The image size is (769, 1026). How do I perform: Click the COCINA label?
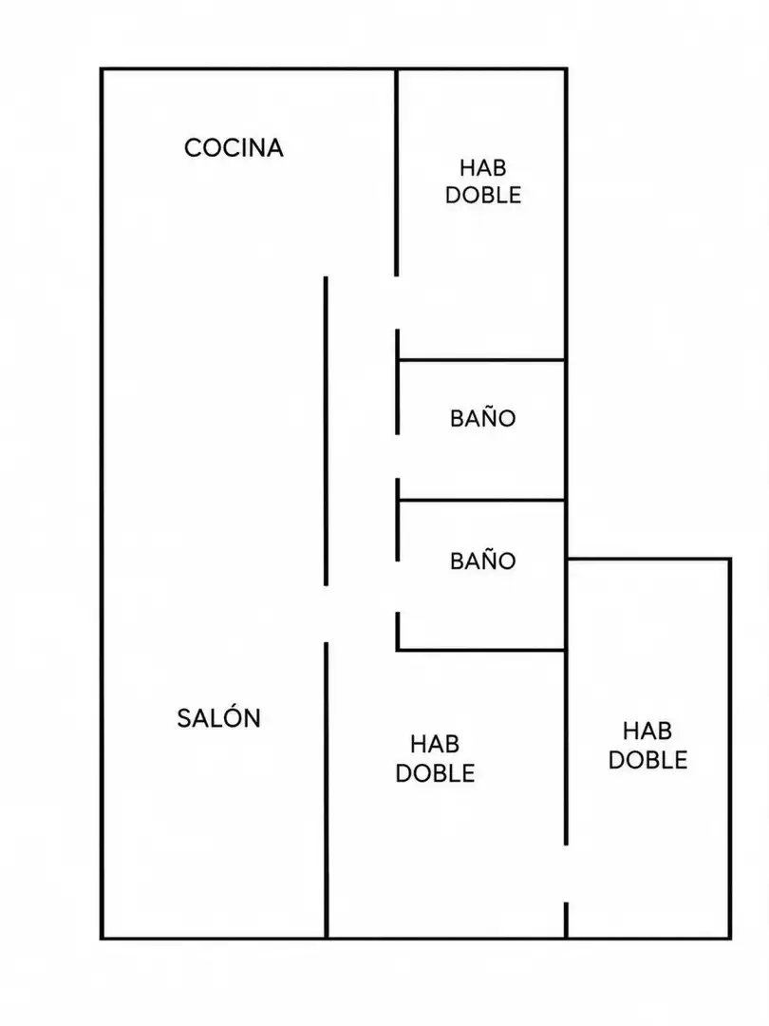click(234, 148)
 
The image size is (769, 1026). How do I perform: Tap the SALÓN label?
click(218, 718)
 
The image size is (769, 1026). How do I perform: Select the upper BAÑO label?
click(482, 417)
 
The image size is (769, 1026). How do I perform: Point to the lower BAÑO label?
click(482, 560)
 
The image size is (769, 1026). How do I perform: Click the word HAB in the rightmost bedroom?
click(647, 731)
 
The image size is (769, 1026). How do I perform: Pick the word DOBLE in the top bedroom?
click(483, 195)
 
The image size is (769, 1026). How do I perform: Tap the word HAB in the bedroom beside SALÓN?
click(435, 744)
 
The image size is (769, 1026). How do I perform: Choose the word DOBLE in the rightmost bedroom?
click(647, 760)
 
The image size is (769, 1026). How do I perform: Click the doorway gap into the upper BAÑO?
click(397, 456)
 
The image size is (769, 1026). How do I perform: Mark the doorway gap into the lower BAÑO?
click(397, 586)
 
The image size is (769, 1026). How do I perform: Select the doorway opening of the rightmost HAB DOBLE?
click(566, 874)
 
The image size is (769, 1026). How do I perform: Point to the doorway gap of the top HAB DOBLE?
click(396, 303)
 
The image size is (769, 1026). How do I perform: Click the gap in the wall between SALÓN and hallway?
click(326, 614)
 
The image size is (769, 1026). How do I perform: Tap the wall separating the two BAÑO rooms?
click(481, 501)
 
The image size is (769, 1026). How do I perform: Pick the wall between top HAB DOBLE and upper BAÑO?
click(481, 360)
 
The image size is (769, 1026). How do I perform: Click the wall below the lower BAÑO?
click(481, 650)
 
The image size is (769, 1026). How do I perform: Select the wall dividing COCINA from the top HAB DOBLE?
click(396, 172)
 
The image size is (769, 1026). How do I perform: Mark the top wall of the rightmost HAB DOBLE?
click(648, 559)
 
